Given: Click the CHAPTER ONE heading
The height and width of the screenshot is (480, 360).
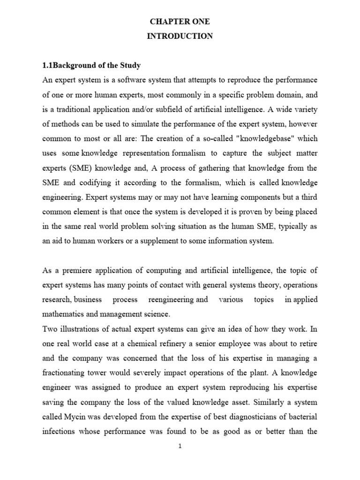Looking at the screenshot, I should click(180, 22).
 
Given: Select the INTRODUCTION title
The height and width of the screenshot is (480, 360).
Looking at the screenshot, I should click(180, 37).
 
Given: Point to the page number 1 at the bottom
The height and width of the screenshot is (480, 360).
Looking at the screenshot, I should click(180, 446).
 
